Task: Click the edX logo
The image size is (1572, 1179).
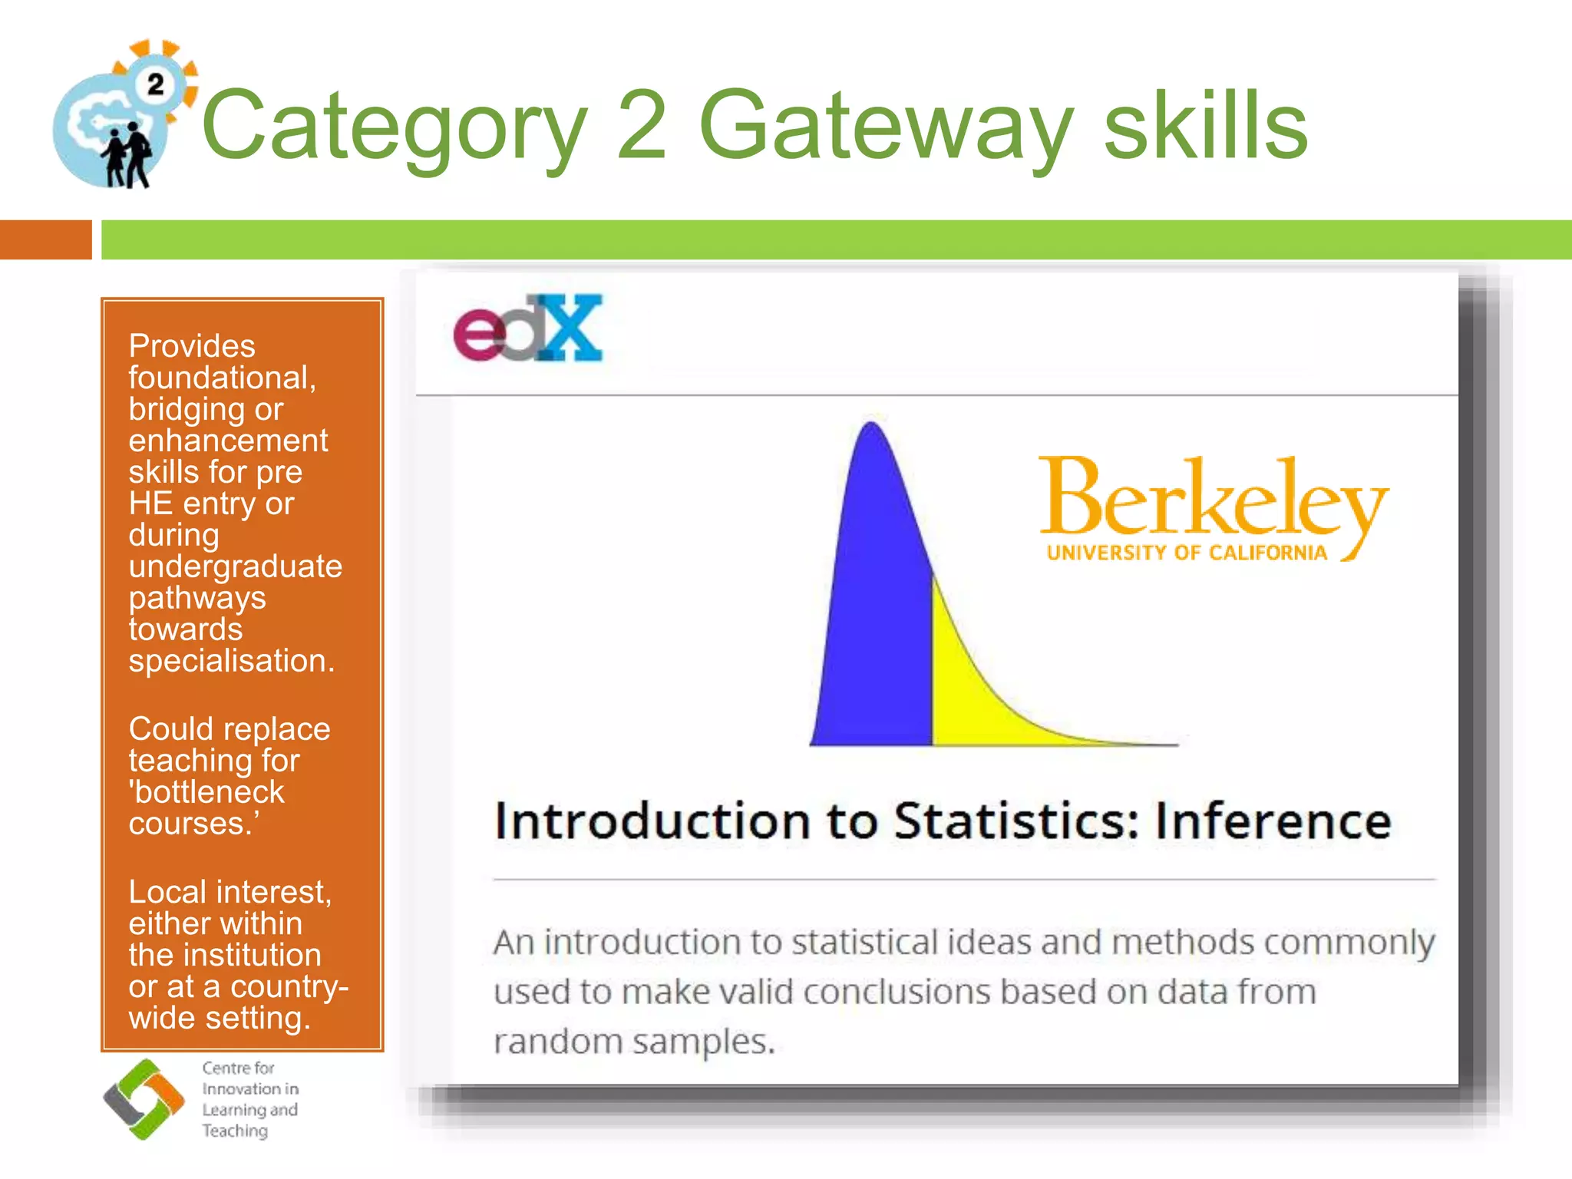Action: [x=528, y=329]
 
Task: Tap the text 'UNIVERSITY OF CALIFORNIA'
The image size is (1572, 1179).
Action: [x=1187, y=553]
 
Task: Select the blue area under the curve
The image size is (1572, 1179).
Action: [x=875, y=614]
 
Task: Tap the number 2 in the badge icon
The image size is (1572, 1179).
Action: [x=156, y=84]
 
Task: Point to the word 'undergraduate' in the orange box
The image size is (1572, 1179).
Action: [x=235, y=566]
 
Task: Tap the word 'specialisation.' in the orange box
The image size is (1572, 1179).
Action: [x=232, y=661]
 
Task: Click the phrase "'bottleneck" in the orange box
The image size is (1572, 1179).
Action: [x=206, y=792]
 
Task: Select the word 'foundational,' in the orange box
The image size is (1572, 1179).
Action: [x=223, y=378]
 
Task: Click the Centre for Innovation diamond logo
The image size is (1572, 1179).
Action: [x=144, y=1099]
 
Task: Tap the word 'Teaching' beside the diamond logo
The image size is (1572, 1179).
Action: [x=235, y=1131]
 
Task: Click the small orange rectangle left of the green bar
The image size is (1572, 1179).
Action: [x=46, y=239]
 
